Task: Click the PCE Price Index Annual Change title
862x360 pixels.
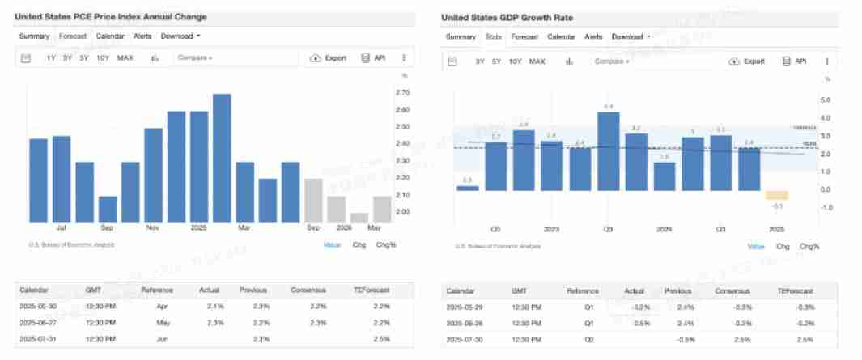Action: coord(111,16)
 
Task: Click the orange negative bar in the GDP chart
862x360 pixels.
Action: coord(776,195)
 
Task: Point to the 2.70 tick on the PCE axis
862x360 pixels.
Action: coord(401,93)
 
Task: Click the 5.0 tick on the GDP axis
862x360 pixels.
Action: coord(826,100)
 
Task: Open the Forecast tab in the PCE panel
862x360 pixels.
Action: coord(73,36)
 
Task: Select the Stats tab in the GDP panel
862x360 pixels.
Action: coord(493,37)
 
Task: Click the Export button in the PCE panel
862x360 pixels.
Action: coord(329,58)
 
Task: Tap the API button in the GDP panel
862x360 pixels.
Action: coord(794,61)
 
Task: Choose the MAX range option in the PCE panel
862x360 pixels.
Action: coord(125,58)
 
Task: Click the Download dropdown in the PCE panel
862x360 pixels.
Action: coord(180,36)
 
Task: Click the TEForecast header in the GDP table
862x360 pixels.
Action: coord(795,290)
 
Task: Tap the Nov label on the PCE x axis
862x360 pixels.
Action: coord(153,228)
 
